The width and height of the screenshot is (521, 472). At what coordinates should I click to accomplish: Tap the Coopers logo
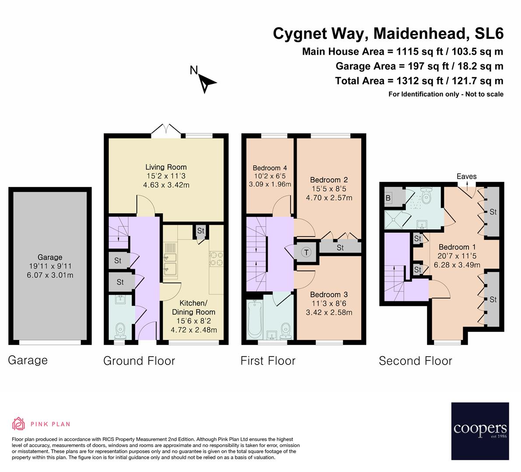click(x=480, y=431)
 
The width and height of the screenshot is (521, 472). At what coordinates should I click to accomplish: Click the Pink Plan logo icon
click(x=18, y=423)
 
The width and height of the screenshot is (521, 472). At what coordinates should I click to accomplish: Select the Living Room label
click(x=166, y=167)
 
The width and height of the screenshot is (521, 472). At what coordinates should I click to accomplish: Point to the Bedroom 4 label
click(x=269, y=168)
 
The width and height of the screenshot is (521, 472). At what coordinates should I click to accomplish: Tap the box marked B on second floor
click(x=388, y=198)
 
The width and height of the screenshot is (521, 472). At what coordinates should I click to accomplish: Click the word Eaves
click(x=466, y=177)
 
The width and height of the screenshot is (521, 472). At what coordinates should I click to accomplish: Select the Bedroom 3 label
click(x=329, y=295)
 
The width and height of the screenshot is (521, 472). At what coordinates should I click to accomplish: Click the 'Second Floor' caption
click(x=415, y=361)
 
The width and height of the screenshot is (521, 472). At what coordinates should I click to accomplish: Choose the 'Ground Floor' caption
click(x=139, y=361)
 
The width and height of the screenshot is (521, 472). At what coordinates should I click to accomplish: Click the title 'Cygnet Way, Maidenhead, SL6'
click(x=388, y=34)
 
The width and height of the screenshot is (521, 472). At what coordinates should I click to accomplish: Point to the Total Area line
click(x=419, y=81)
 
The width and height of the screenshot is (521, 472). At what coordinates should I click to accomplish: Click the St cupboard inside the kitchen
click(x=201, y=231)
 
